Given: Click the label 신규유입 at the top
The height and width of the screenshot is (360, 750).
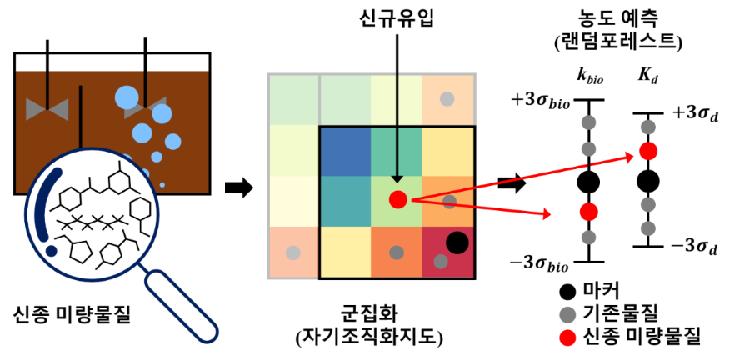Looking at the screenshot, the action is (397, 20).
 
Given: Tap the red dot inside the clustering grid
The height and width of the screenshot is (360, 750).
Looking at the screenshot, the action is (398, 199).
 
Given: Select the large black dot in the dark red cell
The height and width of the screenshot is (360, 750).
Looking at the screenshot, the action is (457, 242).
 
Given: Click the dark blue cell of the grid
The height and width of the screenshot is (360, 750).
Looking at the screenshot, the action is (345, 151).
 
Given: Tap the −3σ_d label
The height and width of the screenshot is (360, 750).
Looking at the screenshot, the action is (695, 248).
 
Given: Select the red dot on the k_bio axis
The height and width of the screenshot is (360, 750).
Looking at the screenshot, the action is (589, 211).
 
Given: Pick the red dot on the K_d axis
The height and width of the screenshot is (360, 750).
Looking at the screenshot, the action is (648, 151).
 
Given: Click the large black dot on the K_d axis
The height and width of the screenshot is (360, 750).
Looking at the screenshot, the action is (648, 181).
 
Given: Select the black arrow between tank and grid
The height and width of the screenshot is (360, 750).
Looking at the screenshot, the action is (238, 187).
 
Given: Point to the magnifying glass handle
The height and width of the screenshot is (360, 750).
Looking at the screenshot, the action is (182, 305).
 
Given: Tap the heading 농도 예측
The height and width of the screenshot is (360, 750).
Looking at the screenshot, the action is (617, 20).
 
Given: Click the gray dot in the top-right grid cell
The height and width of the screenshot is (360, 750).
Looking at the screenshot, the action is (447, 99).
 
